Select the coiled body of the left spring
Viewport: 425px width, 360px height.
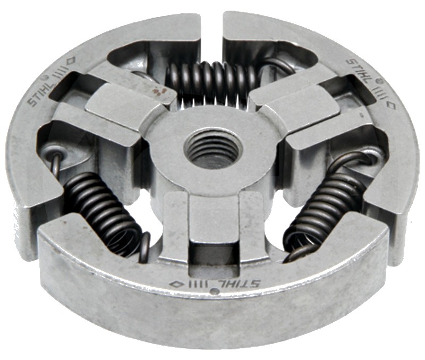104,211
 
